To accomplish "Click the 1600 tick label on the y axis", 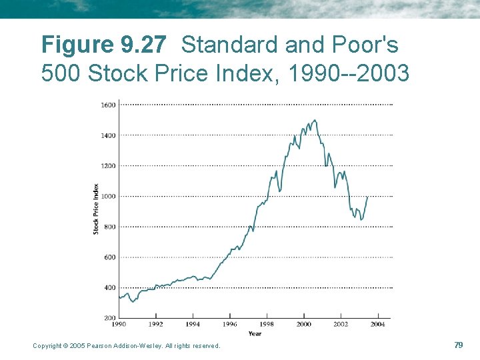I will click(108, 105).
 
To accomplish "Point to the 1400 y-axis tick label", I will click(108, 135).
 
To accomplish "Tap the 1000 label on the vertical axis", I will click(108, 197).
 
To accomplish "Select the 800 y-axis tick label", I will click(109, 227).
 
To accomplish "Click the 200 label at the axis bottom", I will click(109, 318).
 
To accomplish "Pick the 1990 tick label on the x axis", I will click(119, 324).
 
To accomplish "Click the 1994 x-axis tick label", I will click(193, 324).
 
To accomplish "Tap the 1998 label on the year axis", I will click(267, 324).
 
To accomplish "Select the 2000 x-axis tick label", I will click(304, 324).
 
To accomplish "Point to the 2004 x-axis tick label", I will click(378, 324).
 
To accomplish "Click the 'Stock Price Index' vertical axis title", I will click(96, 209).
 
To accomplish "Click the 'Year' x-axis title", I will click(255, 333).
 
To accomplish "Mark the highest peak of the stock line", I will click(315, 120).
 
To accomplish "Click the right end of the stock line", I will click(367, 197).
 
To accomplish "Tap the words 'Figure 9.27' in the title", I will click(103, 45).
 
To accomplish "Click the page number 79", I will click(458, 345).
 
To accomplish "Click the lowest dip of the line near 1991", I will click(133, 302).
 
